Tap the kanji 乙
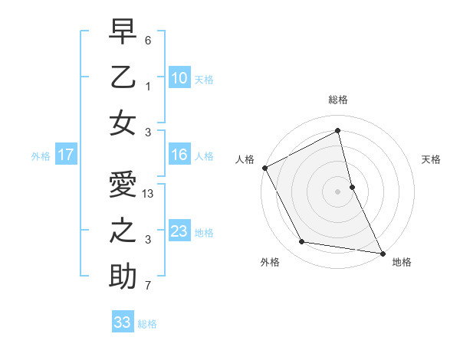(123, 78)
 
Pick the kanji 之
(123, 231)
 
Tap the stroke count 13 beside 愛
(149, 195)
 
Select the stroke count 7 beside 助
(148, 286)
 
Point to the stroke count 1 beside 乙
(148, 87)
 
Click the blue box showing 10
(179, 78)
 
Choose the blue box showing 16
(179, 155)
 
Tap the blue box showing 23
(179, 231)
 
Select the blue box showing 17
(66, 155)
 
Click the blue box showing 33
(123, 322)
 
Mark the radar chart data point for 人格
(264, 168)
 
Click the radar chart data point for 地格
(381, 253)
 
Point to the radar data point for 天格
(352, 187)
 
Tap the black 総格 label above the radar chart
(338, 100)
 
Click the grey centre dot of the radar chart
(338, 191)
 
